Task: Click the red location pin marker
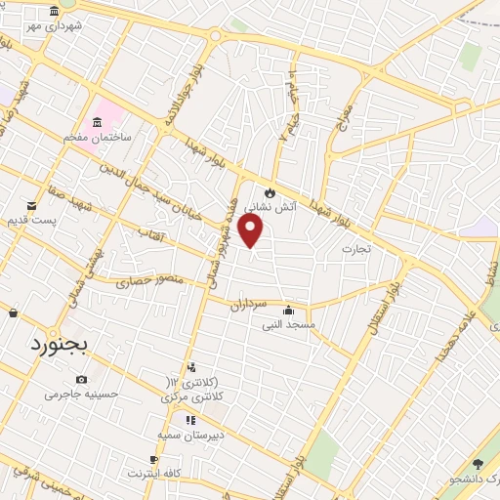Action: point(251,229)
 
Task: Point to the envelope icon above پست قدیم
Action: point(33,205)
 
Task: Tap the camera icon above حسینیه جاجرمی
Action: point(81,380)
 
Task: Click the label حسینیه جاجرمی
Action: point(81,395)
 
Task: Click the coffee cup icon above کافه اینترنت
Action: point(154,459)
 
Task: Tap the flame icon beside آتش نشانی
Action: point(271,192)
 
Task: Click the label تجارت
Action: point(356,249)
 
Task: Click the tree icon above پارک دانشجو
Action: point(478,464)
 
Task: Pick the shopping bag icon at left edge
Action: point(13,312)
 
